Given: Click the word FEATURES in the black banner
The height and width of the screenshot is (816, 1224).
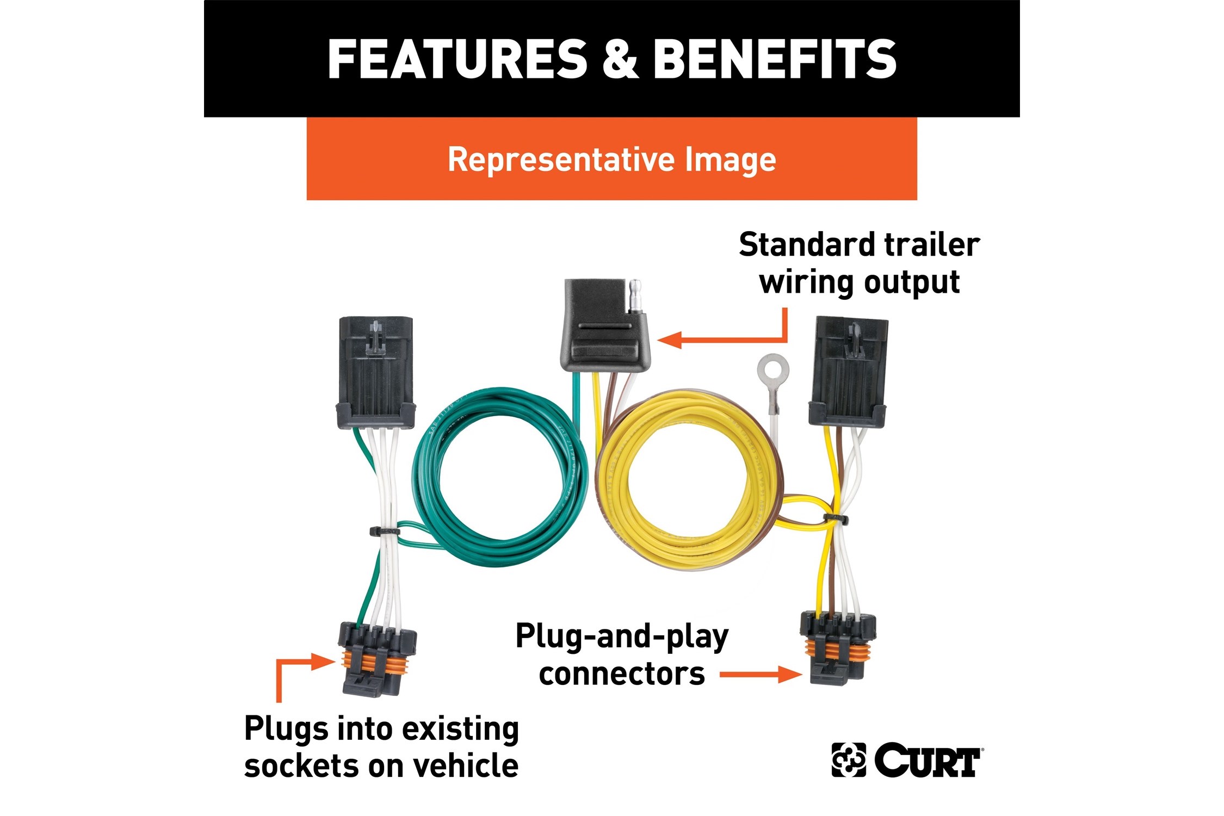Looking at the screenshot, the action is (x=458, y=59).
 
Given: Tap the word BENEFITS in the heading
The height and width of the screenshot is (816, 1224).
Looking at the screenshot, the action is (x=775, y=59).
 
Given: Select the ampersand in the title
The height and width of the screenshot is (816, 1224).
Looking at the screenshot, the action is (x=620, y=59).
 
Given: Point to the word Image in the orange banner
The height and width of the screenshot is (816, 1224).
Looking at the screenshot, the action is (x=731, y=161).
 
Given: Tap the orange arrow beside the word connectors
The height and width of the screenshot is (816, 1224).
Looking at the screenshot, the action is (x=761, y=675).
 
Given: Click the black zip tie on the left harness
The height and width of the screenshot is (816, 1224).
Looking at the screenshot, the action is (x=385, y=531).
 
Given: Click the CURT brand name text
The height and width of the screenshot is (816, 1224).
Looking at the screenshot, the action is (x=928, y=760).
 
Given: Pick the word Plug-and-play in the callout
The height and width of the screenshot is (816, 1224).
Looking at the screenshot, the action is (x=622, y=636).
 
